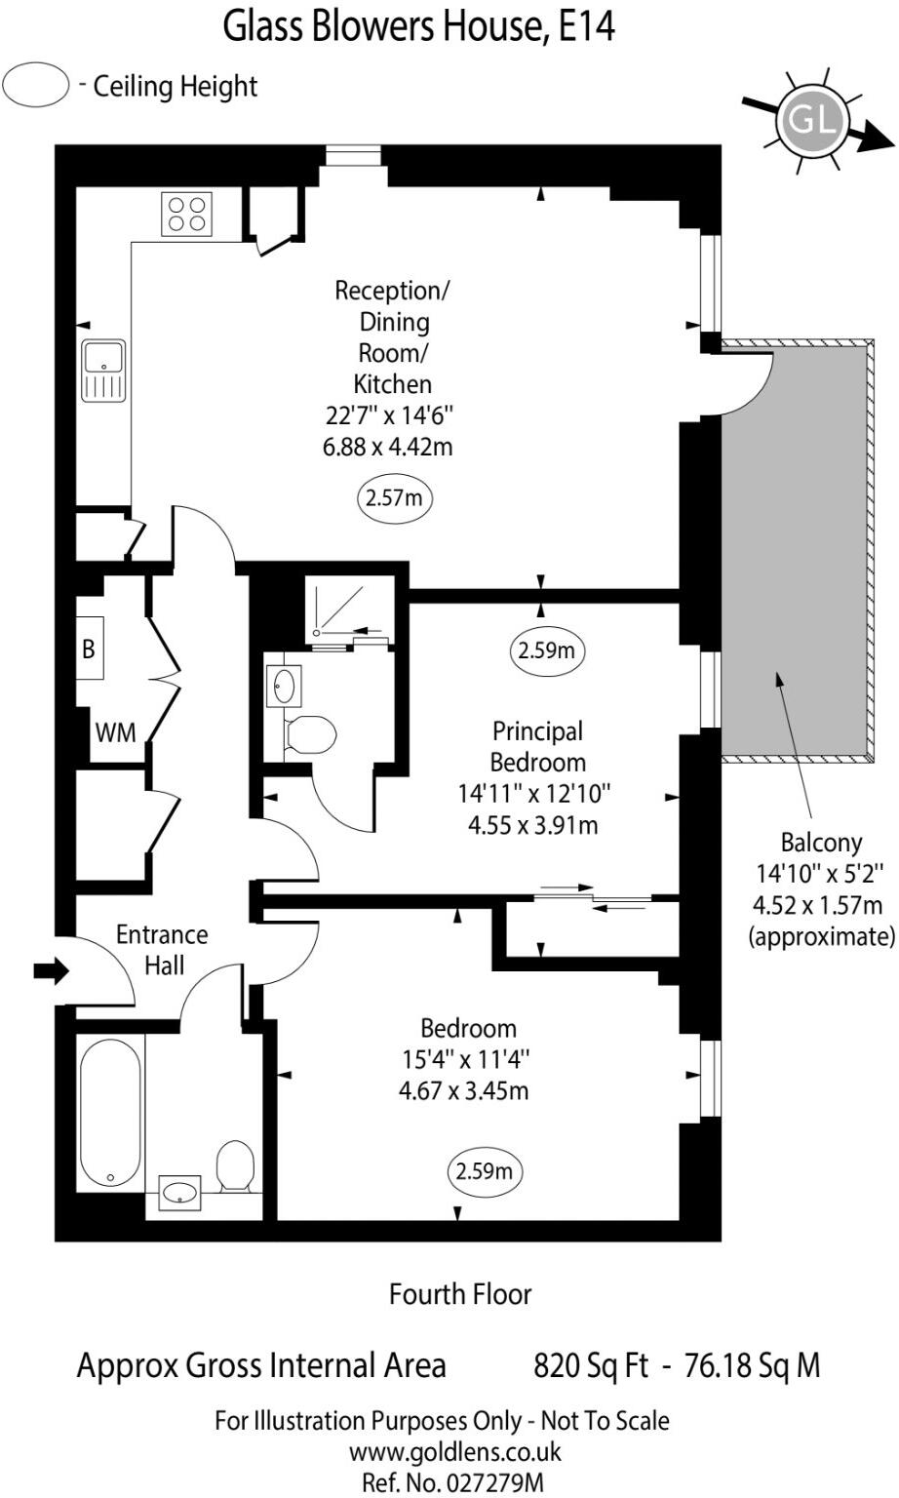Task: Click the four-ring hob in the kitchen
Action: click(186, 214)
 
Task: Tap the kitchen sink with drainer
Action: click(103, 372)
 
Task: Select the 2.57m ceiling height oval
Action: click(394, 498)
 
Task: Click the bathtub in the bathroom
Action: click(110, 1112)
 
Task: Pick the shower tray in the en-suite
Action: click(347, 609)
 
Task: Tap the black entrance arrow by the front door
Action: click(52, 969)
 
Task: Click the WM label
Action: click(116, 733)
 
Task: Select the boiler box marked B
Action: click(90, 648)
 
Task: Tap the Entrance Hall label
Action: click(163, 950)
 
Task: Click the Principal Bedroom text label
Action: click(537, 746)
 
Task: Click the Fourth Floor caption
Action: click(460, 1294)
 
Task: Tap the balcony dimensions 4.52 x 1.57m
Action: click(817, 905)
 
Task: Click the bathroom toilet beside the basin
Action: click(235, 1165)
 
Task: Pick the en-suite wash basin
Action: click(284, 687)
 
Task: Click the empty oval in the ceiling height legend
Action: click(36, 85)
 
